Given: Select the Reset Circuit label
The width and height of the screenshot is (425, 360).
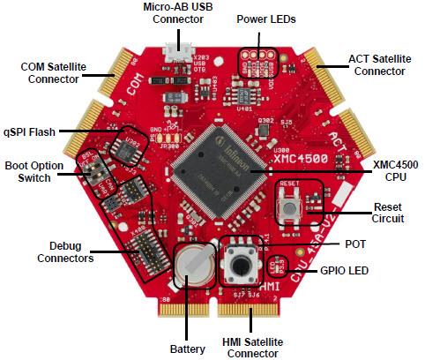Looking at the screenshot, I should pos(386,213).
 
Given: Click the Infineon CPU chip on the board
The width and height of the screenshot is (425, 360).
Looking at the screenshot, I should pos(212,167).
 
